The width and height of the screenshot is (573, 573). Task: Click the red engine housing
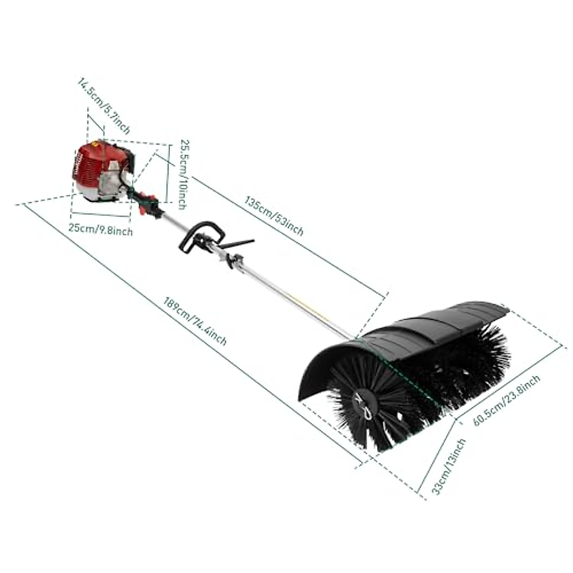click(91, 162)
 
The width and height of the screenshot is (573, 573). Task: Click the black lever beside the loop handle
click(239, 243)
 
